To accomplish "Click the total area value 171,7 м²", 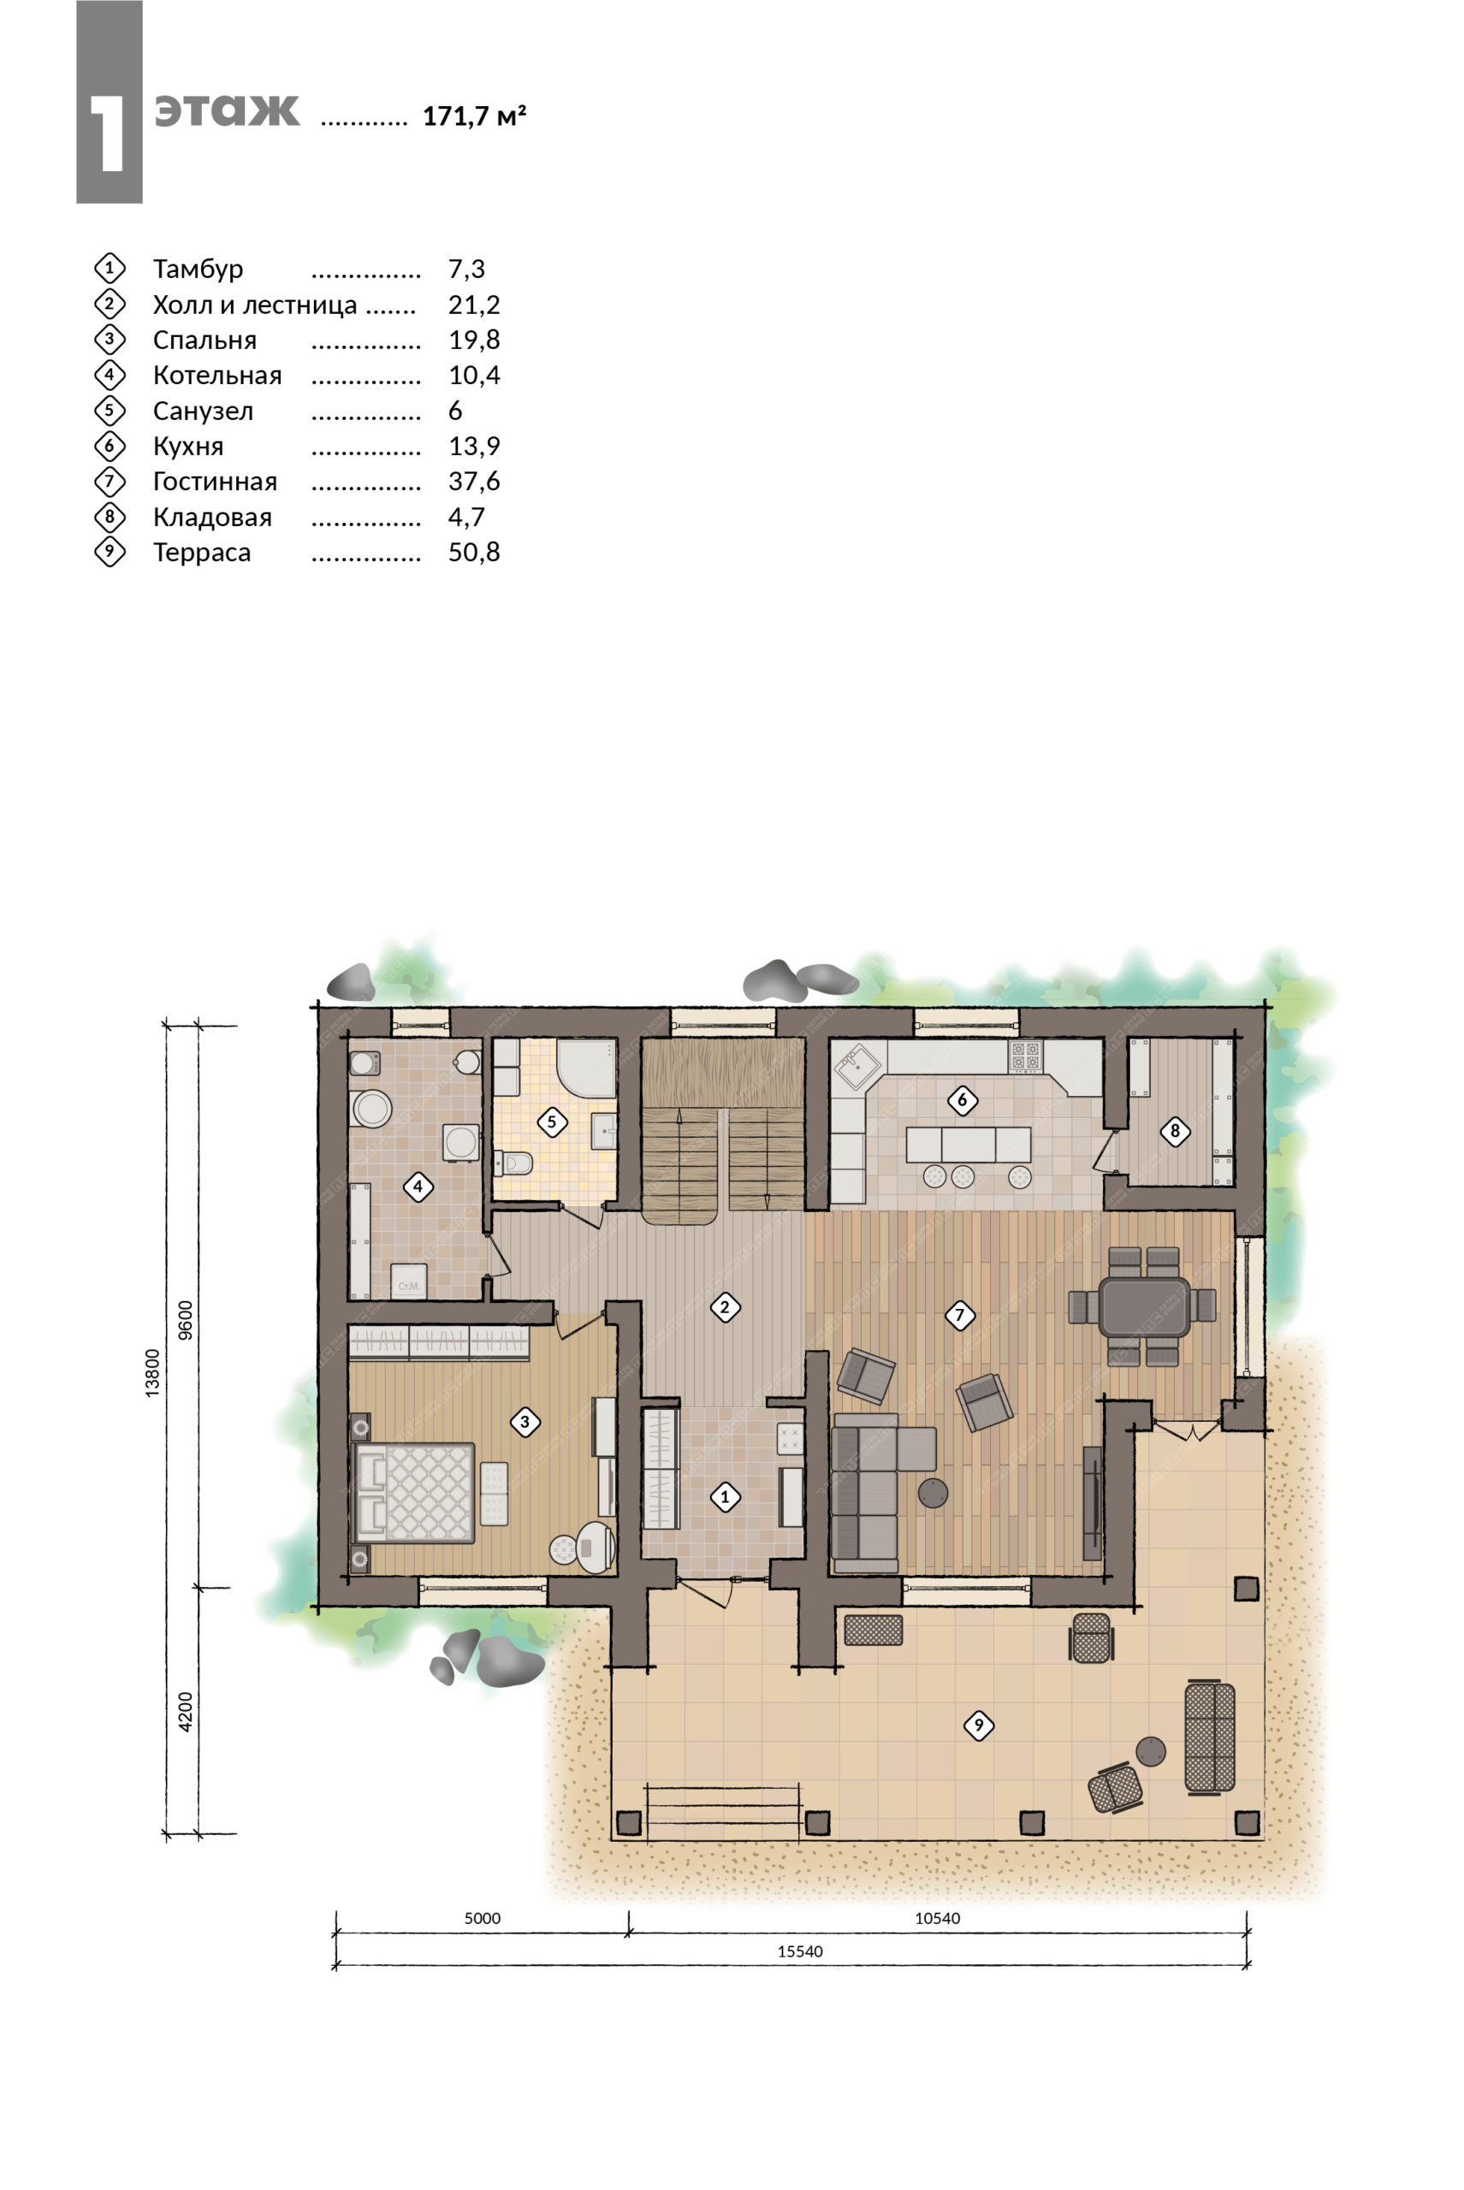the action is pyautogui.click(x=474, y=115).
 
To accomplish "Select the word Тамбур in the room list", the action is pyautogui.click(x=198, y=269).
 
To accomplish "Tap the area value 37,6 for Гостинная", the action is pyautogui.click(x=474, y=482).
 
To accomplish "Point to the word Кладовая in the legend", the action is pyautogui.click(x=212, y=518).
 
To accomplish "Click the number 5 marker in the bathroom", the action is pyautogui.click(x=552, y=1122).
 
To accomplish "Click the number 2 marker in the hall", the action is pyautogui.click(x=725, y=1307).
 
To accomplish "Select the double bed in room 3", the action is pyautogui.click(x=416, y=1493).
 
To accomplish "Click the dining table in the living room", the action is pyautogui.click(x=1145, y=1306).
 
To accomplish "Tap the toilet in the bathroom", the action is pyautogui.click(x=513, y=1163).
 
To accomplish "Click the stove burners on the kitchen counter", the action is pyautogui.click(x=1025, y=1056).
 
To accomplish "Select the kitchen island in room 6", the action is pyautogui.click(x=969, y=1144).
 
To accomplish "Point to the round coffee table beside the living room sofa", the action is pyautogui.click(x=933, y=1493).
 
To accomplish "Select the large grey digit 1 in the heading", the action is pyautogui.click(x=109, y=132).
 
